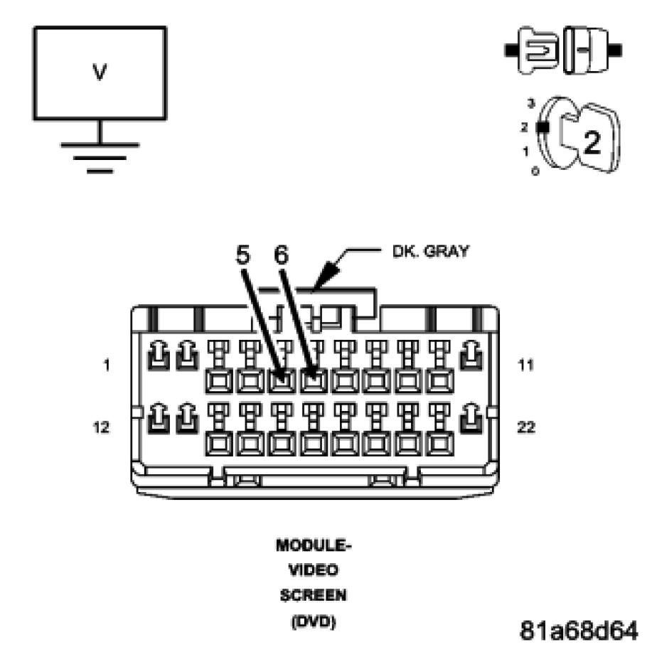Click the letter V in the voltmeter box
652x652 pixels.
click(100, 73)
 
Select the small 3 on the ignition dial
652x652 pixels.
click(530, 104)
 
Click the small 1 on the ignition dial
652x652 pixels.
click(527, 151)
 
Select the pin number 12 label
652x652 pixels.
click(102, 428)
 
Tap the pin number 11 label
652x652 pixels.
click(525, 365)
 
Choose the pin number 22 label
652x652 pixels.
click(526, 428)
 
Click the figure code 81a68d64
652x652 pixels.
click(580, 630)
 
